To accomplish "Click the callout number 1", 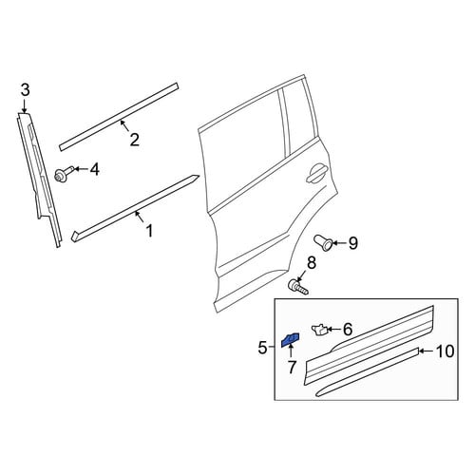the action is pos(149,231).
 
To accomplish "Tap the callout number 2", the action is pos(135,140).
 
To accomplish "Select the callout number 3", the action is pos(26,90).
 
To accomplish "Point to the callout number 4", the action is pos(94,169).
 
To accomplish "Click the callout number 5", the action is pos(262,349).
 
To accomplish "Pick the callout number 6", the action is pos(348,330).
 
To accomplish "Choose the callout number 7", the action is pos(292,367).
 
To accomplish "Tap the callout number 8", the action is pos(312,262).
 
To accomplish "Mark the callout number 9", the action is pos(353,243).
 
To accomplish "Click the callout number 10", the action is pos(445,351).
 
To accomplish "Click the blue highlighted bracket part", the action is pos(291,339).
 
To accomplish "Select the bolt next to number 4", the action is pos(65,174).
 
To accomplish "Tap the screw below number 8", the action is pos(297,287).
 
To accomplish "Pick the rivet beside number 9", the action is pos(323,243).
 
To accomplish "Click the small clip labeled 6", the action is pos(319,330).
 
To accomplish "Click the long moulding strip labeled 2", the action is pos(119,117).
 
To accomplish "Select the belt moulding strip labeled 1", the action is pos(135,208).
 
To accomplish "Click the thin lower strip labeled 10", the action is pos(368,372).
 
